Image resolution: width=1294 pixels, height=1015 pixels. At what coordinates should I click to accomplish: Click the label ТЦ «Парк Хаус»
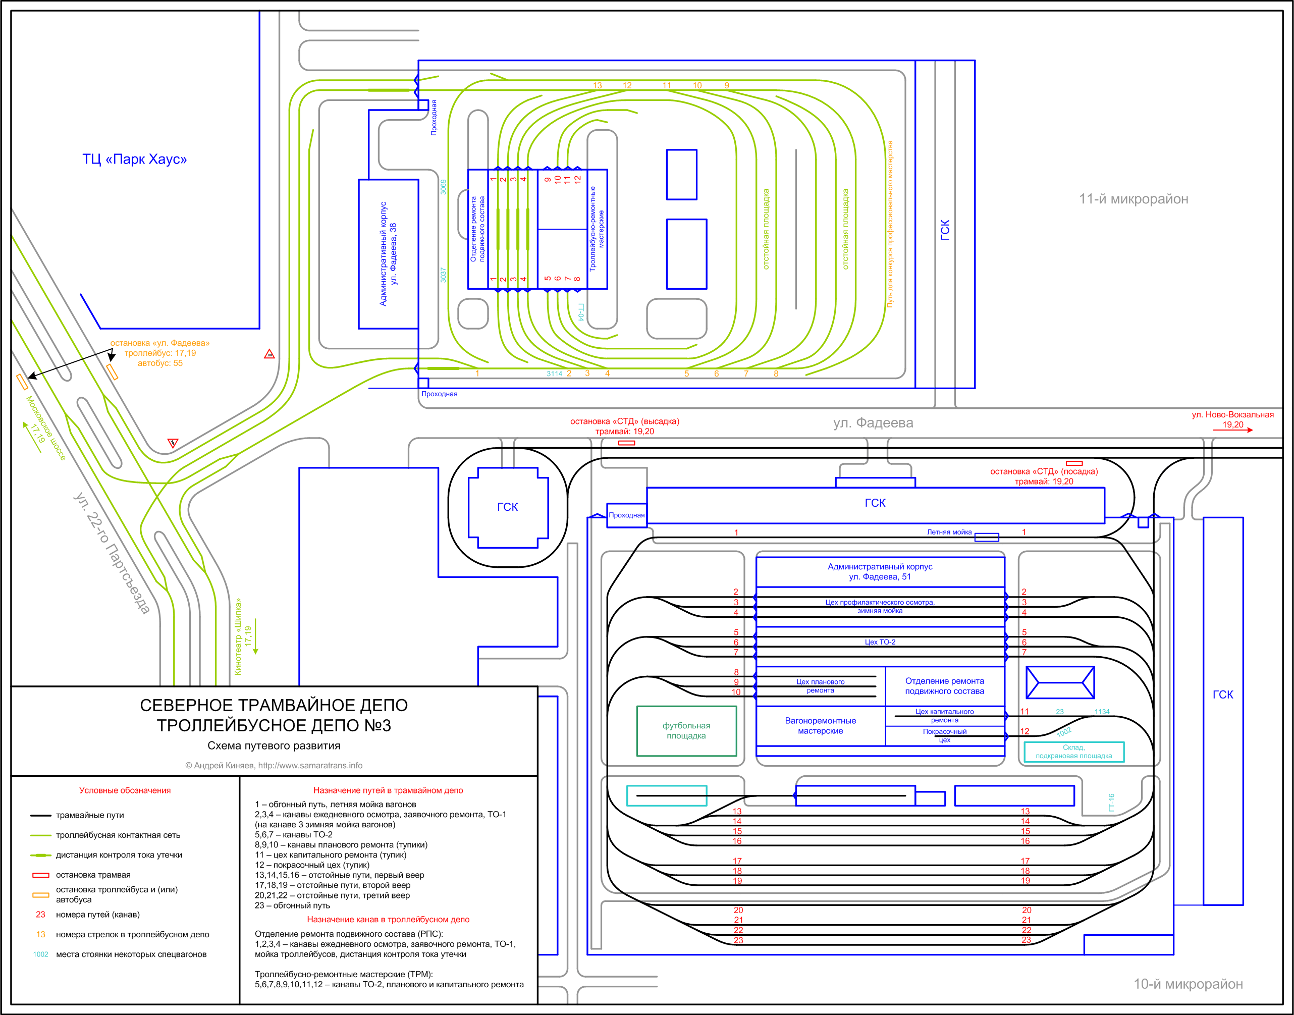[134, 159]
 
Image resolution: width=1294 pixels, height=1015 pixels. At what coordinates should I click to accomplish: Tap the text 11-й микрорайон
[1133, 199]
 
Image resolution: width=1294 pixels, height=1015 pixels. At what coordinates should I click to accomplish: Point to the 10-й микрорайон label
[1188, 984]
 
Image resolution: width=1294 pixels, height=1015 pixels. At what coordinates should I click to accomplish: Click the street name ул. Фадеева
[873, 422]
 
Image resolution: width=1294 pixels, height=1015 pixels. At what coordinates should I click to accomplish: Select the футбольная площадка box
[686, 730]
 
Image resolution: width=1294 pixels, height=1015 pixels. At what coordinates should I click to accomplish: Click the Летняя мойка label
[949, 532]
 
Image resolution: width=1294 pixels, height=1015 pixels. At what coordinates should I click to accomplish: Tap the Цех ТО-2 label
[880, 642]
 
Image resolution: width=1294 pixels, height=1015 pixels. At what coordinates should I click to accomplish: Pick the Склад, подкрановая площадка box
[1073, 752]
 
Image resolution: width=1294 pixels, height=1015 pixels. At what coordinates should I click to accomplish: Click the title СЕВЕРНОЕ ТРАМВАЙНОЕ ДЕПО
[274, 706]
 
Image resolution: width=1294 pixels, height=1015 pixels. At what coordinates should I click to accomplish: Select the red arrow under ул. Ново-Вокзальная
[1233, 430]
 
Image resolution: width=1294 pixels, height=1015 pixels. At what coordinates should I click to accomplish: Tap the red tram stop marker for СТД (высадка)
[626, 443]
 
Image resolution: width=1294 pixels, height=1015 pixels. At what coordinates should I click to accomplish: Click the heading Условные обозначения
[125, 790]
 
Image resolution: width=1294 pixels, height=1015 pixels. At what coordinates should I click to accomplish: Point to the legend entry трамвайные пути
[90, 815]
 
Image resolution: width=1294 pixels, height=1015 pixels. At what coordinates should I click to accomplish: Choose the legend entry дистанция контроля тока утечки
[119, 855]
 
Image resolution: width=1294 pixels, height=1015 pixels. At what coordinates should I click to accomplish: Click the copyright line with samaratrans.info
[274, 765]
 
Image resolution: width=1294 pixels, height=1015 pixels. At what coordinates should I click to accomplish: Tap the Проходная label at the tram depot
[626, 515]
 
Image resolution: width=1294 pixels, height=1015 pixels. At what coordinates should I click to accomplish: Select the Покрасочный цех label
[944, 736]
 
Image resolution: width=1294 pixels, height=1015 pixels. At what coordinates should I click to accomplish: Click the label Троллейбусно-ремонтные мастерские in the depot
[597, 229]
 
